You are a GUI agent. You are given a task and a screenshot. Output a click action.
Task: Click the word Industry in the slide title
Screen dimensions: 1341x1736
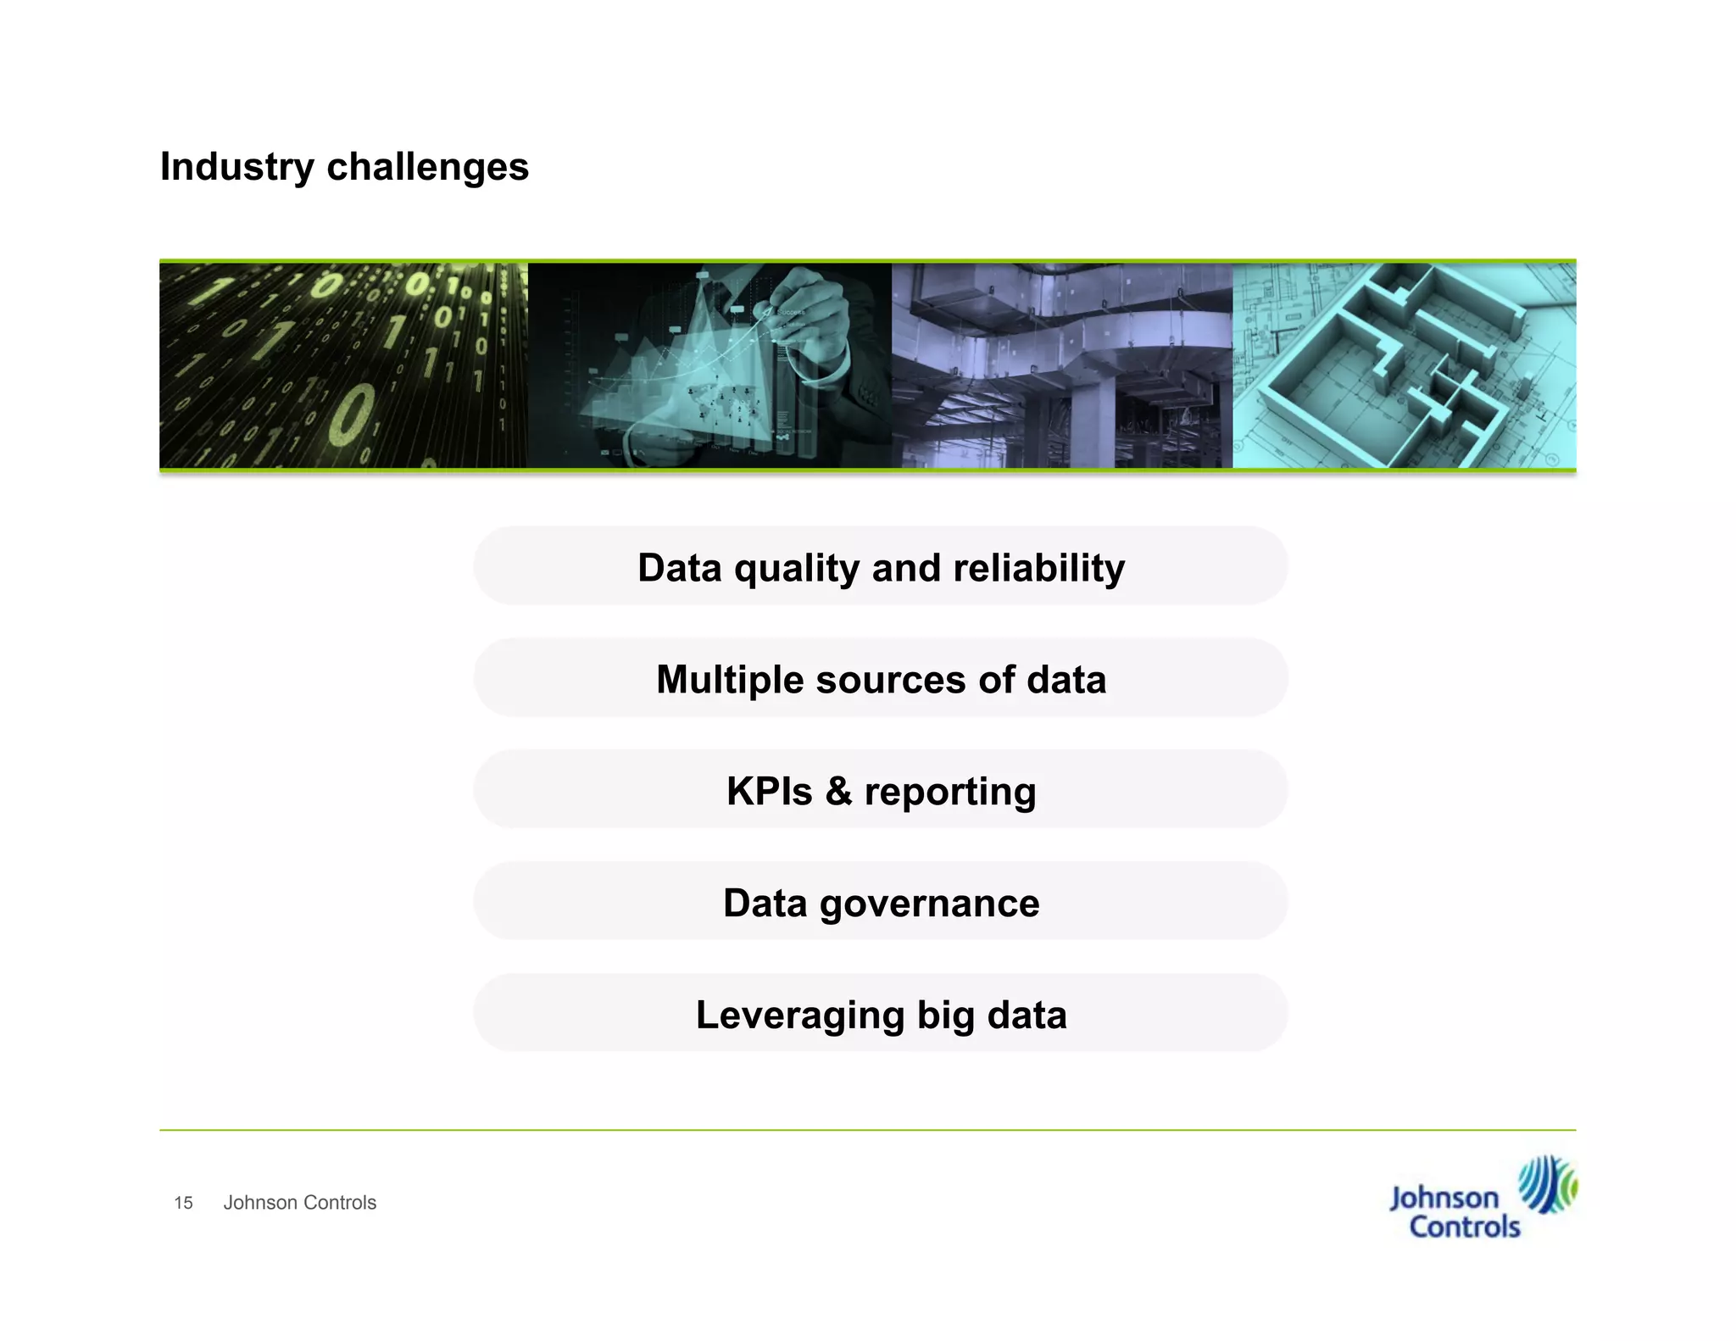click(x=236, y=167)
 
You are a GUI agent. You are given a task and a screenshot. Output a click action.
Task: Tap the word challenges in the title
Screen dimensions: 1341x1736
click(x=427, y=167)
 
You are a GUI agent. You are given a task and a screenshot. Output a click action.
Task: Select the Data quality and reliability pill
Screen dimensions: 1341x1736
click(x=880, y=566)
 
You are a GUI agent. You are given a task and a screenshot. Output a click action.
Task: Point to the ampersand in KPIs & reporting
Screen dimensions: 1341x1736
click(x=838, y=792)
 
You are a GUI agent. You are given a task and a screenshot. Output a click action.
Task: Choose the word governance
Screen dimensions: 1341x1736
click(x=929, y=904)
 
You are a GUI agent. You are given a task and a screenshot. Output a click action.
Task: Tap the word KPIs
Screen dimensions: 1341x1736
click(x=769, y=792)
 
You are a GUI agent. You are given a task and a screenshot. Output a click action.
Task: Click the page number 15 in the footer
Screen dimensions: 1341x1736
click(x=183, y=1203)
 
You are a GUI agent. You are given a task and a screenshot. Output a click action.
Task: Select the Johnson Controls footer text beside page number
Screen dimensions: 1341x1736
click(x=299, y=1203)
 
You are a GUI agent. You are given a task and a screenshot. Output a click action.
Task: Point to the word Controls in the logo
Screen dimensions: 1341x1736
click(x=1465, y=1227)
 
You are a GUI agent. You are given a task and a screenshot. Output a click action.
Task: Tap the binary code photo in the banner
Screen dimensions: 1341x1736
click(x=343, y=365)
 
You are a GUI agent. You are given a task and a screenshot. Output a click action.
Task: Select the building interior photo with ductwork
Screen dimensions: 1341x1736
click(x=1061, y=365)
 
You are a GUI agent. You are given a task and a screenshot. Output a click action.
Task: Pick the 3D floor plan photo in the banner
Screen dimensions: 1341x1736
click(x=1404, y=365)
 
